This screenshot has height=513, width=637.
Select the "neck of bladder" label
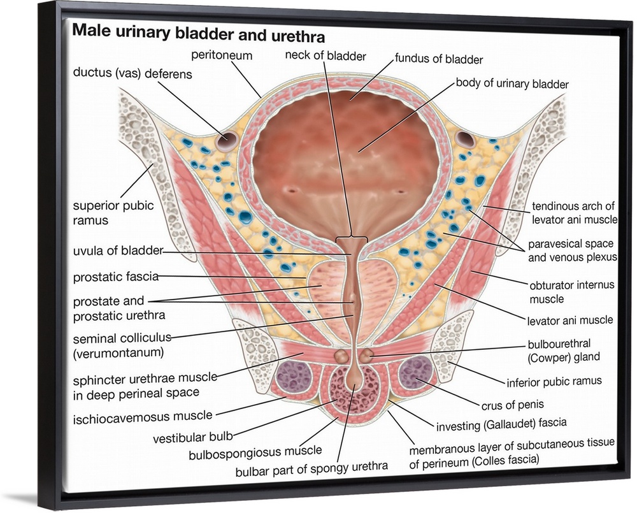[x=326, y=56]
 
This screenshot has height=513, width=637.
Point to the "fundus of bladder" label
[x=439, y=60]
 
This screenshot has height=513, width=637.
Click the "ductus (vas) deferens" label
[x=132, y=74]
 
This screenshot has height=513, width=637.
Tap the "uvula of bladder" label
[x=118, y=250]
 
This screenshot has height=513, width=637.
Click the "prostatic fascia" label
[x=116, y=277]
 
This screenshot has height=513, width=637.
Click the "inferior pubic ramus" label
[x=554, y=381]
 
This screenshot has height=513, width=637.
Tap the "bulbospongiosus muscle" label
[x=255, y=451]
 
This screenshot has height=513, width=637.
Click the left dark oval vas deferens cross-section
[x=225, y=141]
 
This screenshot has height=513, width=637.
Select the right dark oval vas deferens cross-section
[x=466, y=139]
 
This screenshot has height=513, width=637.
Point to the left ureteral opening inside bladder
[x=291, y=189]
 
